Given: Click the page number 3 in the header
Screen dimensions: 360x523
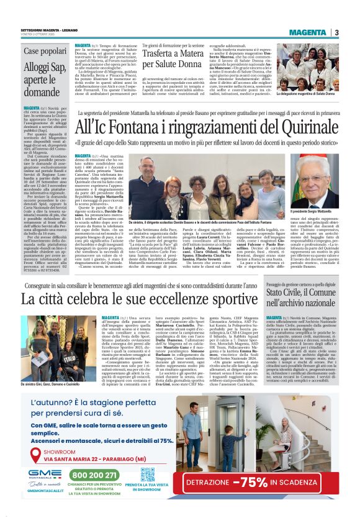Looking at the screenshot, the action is (x=336, y=33).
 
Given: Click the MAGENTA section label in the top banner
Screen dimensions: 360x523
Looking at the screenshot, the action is (x=311, y=33).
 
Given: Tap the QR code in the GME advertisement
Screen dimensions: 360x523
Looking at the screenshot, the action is (x=147, y=475).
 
